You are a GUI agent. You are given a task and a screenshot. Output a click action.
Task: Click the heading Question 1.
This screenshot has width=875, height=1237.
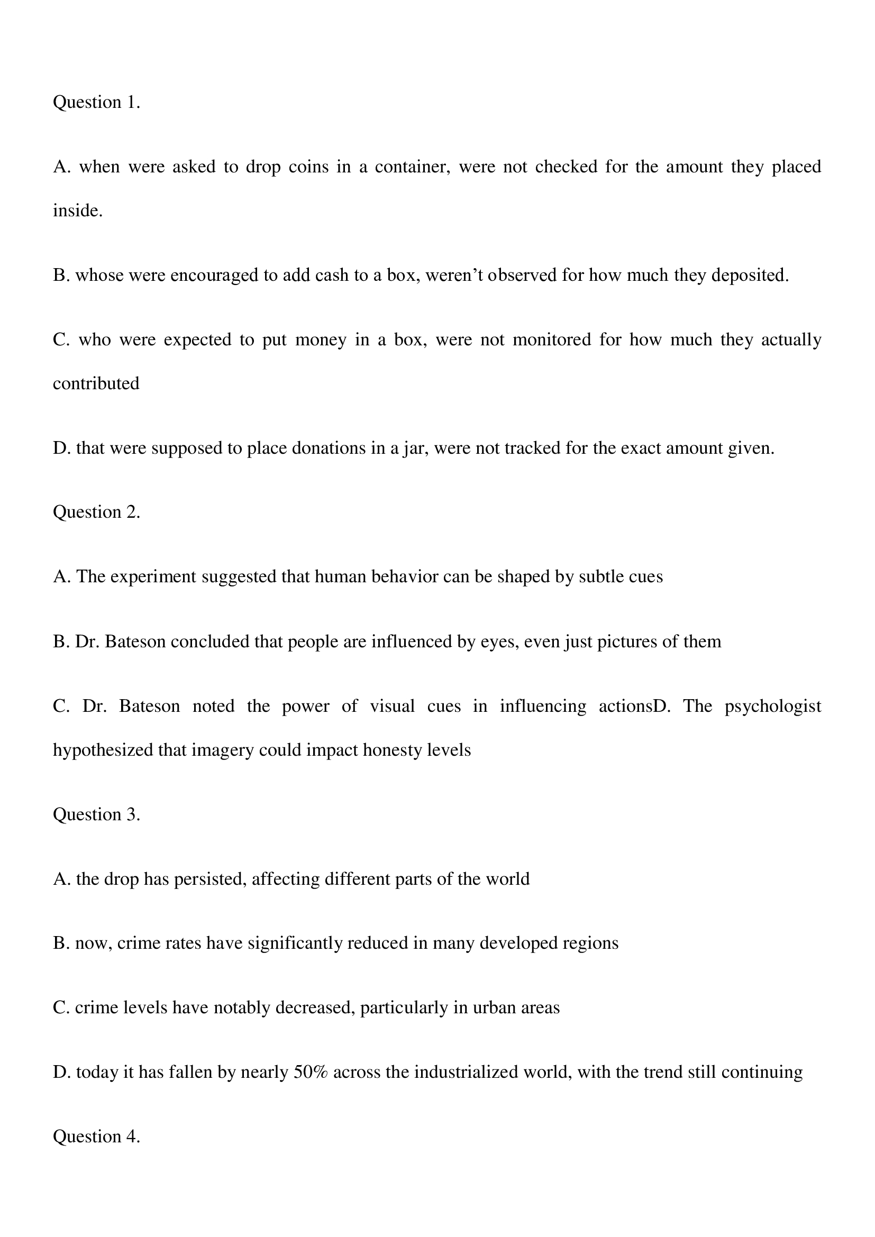point(96,103)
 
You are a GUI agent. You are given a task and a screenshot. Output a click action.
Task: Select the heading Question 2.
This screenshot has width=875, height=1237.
point(96,512)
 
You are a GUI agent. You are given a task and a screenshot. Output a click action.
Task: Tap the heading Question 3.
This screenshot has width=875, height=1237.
point(96,814)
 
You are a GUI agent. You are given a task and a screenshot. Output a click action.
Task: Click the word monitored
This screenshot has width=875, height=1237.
point(552,340)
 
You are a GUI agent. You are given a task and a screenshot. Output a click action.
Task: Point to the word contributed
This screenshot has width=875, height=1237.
point(96,383)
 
